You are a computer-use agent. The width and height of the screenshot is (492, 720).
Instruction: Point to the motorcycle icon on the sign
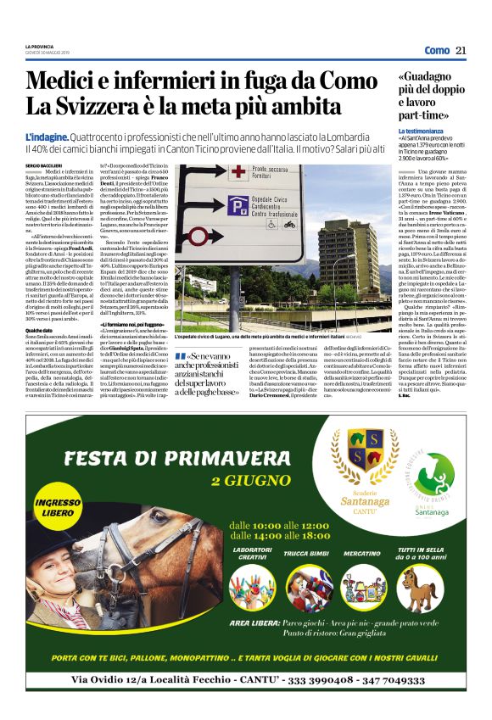point(288,225)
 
